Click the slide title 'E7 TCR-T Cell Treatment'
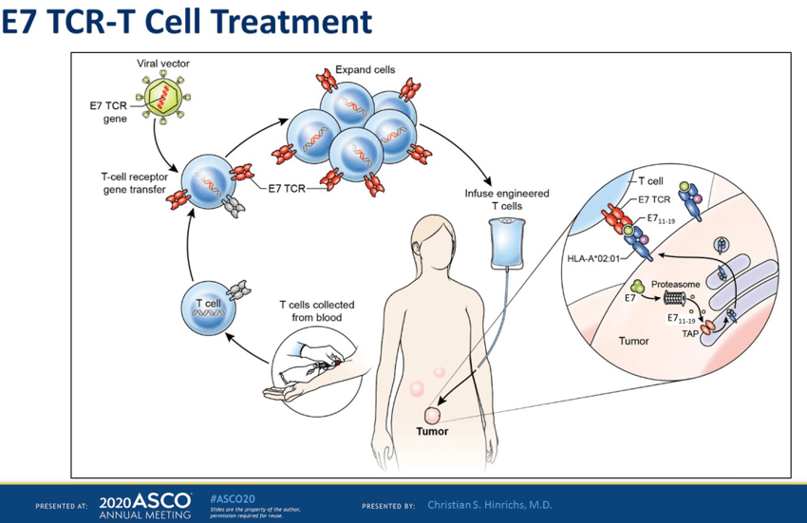point(186,23)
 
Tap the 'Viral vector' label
point(164,64)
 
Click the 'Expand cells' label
point(365,70)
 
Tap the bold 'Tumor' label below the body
point(432,431)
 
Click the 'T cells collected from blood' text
point(316,310)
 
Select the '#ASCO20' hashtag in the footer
point(232,497)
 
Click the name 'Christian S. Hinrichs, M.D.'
point(490,504)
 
